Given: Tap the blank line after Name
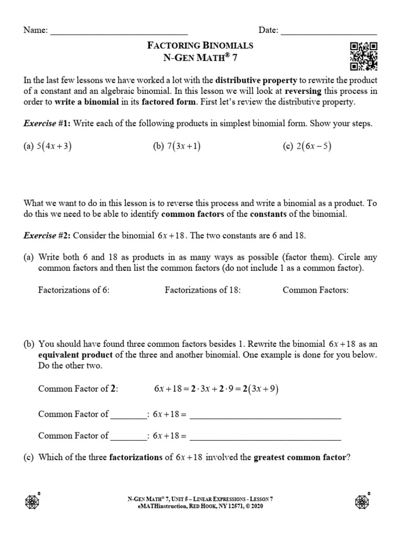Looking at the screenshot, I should click(119, 31).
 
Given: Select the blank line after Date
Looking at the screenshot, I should click(329, 31).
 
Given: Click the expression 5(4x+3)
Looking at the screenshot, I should click(48, 147).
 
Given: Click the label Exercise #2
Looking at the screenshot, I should click(47, 236).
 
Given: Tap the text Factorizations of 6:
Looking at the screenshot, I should click(74, 290).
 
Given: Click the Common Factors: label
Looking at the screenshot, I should click(315, 290).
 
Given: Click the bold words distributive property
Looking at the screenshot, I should click(256, 80).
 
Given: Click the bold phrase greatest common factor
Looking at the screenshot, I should click(300, 458).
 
